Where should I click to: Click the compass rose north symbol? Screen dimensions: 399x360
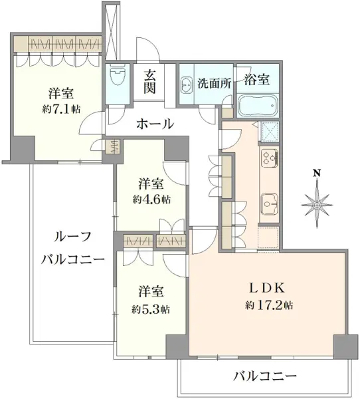(317, 202)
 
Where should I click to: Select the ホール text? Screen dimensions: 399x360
(155, 124)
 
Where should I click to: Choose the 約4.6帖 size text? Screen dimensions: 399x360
(151, 198)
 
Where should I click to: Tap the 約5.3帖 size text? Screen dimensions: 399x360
(151, 309)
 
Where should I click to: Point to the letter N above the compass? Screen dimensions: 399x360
(317, 174)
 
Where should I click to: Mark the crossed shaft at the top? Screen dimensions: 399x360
(114, 31)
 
